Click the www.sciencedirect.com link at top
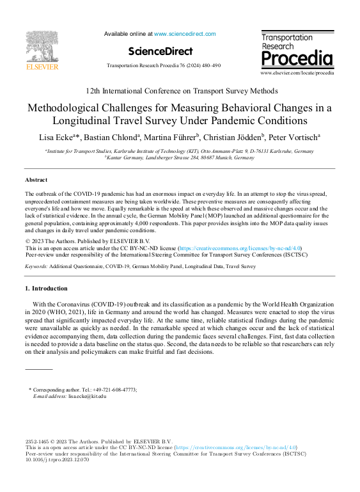185,34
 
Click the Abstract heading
36,180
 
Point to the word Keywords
35,265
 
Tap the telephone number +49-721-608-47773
108,390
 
